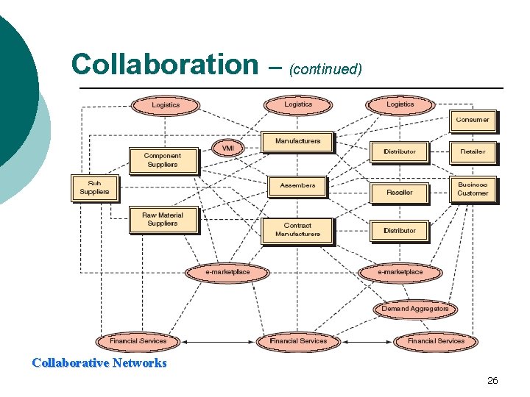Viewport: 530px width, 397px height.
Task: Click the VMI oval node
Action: tap(227, 148)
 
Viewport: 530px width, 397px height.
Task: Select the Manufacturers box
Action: tap(297, 141)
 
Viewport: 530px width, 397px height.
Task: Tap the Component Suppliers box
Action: tap(163, 160)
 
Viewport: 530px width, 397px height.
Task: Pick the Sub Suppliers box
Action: tap(94, 187)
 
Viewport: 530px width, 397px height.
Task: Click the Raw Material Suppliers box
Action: tap(163, 219)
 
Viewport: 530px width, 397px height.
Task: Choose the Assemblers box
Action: tap(297, 185)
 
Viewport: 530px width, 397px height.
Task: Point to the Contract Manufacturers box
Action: tap(297, 229)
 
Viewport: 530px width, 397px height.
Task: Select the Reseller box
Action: tap(400, 192)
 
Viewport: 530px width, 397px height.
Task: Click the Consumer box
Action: tap(472, 120)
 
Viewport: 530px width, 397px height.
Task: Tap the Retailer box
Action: tap(472, 151)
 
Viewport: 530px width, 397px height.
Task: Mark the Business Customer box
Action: tap(472, 189)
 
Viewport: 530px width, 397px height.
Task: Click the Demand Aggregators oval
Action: tap(414, 309)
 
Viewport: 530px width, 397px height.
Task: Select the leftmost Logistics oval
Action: tap(166, 105)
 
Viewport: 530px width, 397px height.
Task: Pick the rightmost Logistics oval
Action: tap(400, 104)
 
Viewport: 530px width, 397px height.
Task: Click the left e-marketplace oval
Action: tap(227, 272)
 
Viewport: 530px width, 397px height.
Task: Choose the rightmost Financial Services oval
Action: tap(436, 341)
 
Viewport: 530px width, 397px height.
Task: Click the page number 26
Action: tap(492, 380)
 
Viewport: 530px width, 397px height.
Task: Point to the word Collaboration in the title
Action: tap(160, 65)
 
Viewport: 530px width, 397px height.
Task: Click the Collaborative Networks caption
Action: tap(99, 362)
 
